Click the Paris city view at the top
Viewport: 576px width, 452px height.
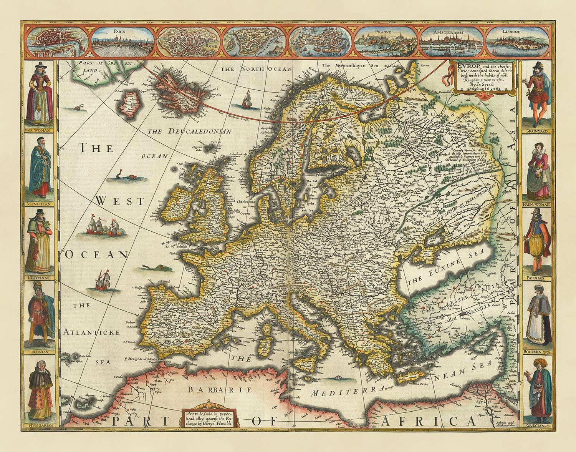point(123,42)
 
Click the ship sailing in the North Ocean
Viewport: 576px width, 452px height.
point(246,98)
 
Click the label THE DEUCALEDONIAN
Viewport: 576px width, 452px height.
point(189,131)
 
